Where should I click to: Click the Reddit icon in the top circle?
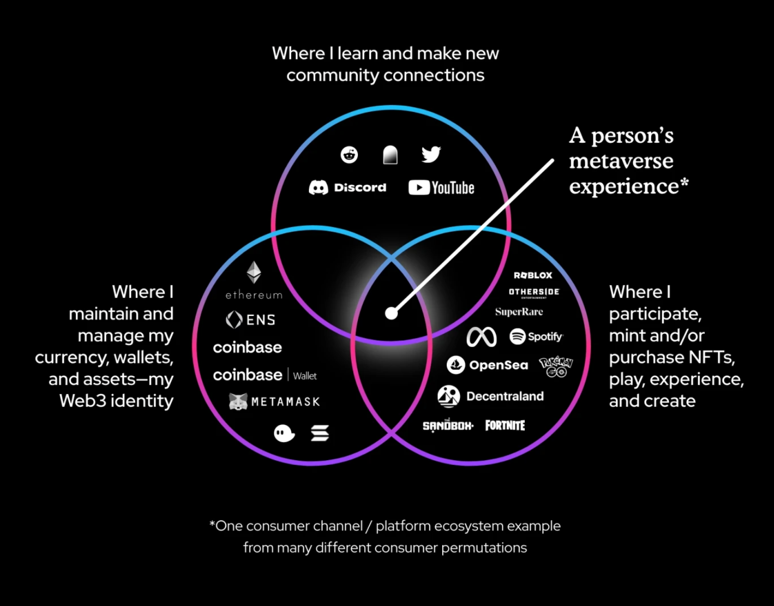349,155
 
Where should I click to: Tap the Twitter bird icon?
431,154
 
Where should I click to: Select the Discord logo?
347,187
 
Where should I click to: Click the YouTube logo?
441,187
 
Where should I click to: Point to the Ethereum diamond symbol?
254,272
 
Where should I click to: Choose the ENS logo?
251,320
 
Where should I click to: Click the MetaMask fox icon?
238,401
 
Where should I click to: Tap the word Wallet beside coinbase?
305,376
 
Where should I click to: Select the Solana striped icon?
320,433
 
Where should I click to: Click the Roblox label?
533,275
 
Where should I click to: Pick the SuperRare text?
519,312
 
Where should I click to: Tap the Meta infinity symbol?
481,337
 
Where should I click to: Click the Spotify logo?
536,336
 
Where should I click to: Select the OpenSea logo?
487,365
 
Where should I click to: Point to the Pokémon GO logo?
556,366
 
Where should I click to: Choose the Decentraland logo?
491,396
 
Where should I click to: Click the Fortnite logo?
505,425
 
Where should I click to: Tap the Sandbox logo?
448,426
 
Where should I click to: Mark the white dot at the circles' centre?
391,313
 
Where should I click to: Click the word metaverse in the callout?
621,161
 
